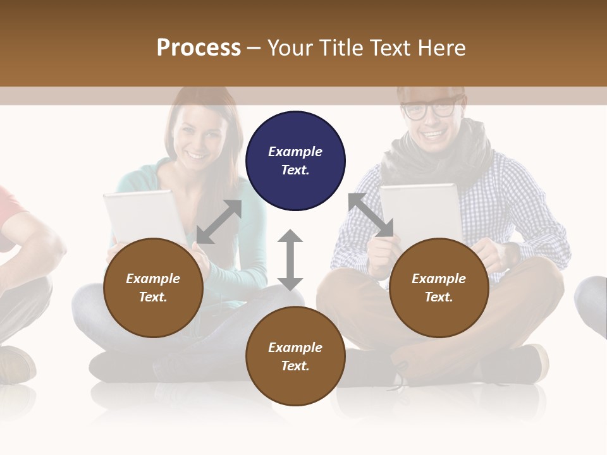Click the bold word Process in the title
[199, 48]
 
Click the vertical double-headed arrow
[290, 260]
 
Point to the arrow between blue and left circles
[219, 222]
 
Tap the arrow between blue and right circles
[371, 215]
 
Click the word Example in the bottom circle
[295, 348]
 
